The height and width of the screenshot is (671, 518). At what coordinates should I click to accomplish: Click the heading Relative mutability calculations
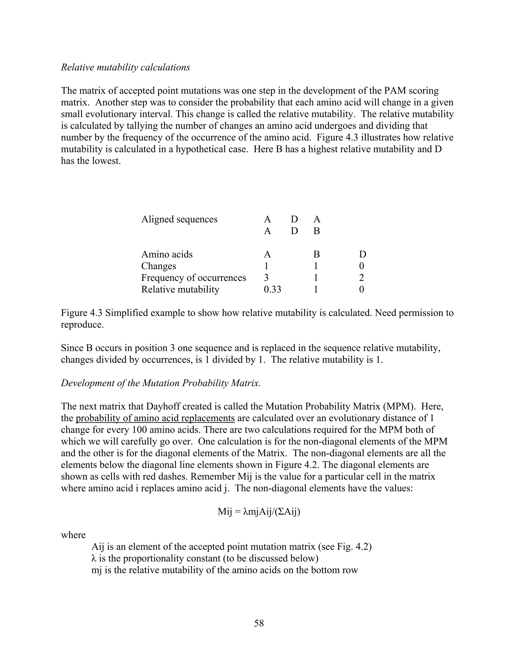(x=125, y=67)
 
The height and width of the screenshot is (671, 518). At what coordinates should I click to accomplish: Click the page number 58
(x=259, y=623)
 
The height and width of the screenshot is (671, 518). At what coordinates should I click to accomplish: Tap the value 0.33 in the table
(x=272, y=289)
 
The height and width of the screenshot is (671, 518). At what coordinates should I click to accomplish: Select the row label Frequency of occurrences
(x=193, y=278)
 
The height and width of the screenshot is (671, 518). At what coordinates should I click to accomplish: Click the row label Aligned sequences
(x=179, y=219)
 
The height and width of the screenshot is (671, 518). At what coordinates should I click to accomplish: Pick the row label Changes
(x=158, y=266)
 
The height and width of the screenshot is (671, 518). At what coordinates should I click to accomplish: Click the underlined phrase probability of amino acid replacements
(x=155, y=418)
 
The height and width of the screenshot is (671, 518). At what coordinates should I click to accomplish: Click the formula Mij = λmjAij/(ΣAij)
(x=259, y=511)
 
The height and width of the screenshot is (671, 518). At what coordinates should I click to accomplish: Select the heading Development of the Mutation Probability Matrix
(x=161, y=383)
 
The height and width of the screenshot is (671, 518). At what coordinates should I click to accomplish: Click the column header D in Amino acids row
(x=362, y=254)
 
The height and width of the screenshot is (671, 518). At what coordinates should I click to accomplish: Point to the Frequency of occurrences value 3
(x=266, y=278)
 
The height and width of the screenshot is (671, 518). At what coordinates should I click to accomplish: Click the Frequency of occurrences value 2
(x=361, y=278)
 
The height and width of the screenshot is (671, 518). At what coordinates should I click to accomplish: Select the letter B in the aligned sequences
(x=316, y=231)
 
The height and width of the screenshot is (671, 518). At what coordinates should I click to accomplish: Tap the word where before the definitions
(x=73, y=535)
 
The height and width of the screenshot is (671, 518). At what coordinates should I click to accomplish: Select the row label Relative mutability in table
(x=180, y=289)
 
